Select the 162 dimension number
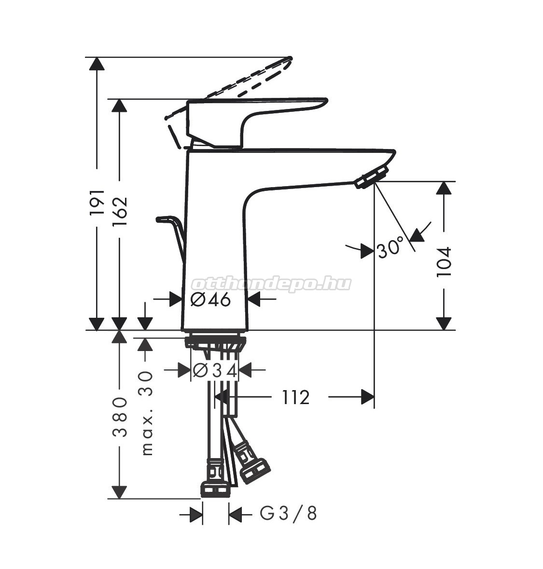[120, 211]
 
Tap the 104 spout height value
[444, 262]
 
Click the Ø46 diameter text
[210, 299]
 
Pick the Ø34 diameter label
[215, 370]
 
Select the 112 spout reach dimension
[296, 397]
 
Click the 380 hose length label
[120, 417]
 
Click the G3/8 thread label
[288, 514]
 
